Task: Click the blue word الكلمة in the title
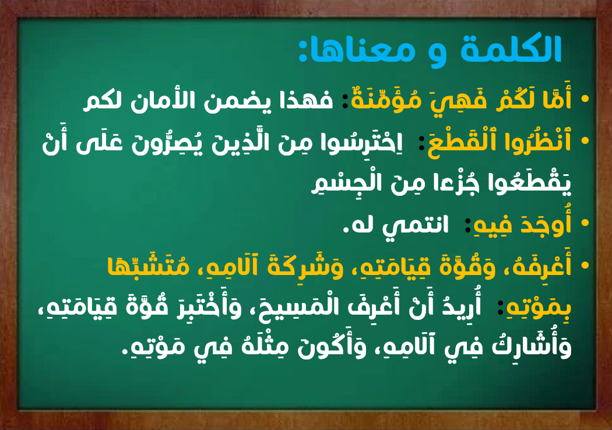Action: point(511,49)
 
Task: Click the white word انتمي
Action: point(414,225)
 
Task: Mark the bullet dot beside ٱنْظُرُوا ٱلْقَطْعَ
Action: point(585,141)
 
